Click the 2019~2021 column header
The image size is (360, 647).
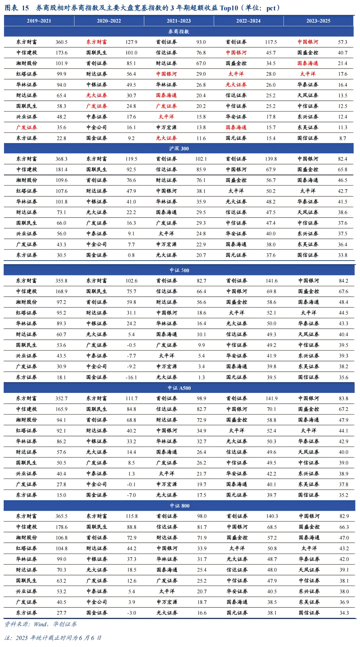click(39, 21)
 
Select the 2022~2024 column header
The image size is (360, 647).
click(248, 21)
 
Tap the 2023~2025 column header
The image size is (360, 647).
click(318, 21)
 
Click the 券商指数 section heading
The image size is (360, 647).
click(179, 32)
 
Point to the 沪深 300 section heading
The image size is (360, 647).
click(179, 148)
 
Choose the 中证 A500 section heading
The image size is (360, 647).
click(179, 388)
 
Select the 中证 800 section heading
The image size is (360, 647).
click(179, 506)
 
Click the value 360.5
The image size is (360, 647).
click(61, 42)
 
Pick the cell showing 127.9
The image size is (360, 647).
click(131, 42)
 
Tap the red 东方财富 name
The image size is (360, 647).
click(96, 42)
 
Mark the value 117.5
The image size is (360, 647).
click(271, 42)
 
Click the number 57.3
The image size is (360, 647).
click(342, 42)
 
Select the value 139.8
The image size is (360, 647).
click(271, 159)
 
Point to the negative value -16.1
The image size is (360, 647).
click(131, 377)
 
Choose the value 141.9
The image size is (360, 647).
click(271, 399)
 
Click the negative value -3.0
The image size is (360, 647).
click(131, 613)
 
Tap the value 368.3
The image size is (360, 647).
click(61, 159)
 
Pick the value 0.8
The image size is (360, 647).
click(131, 255)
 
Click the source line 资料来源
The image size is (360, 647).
click(41, 624)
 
